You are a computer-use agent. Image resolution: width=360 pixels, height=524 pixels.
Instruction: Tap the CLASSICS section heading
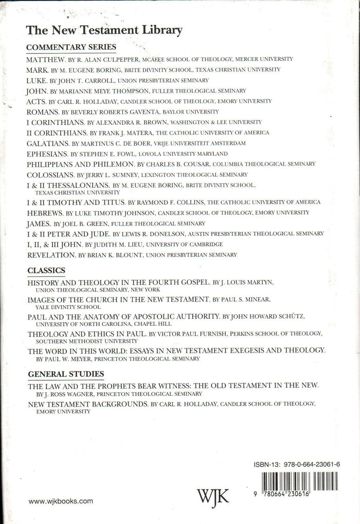[x=46, y=270]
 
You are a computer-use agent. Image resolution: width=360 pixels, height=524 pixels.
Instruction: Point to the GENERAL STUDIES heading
[x=66, y=374]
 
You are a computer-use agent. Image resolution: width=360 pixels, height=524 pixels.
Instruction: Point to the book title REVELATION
[x=50, y=254]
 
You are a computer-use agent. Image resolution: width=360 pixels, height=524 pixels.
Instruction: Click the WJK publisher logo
[x=213, y=497]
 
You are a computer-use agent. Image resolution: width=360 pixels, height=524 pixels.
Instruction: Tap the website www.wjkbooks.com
[x=61, y=500]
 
